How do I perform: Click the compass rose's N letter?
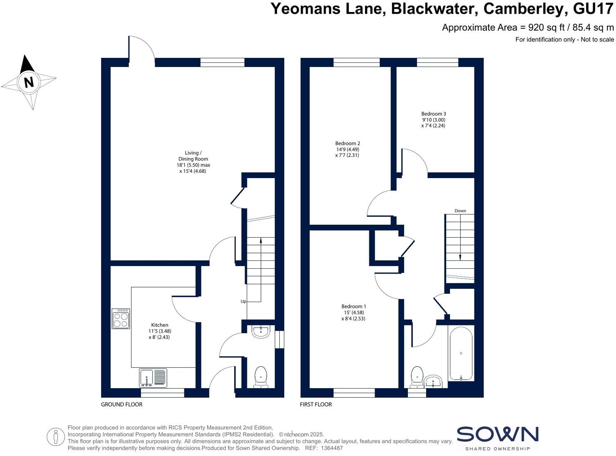(28, 82)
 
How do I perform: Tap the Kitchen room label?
(159, 325)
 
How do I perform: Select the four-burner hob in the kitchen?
(121, 319)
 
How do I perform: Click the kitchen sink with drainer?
(153, 378)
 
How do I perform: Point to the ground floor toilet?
(261, 377)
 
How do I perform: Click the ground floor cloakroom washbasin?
(261, 331)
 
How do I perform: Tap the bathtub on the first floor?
(461, 353)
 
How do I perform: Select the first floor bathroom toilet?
(417, 377)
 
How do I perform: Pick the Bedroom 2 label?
(348, 144)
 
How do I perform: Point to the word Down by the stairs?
(460, 211)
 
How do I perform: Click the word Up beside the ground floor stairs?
(243, 301)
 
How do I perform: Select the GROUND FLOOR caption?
(122, 404)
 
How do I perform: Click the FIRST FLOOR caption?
(316, 404)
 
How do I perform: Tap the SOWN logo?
(497, 435)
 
